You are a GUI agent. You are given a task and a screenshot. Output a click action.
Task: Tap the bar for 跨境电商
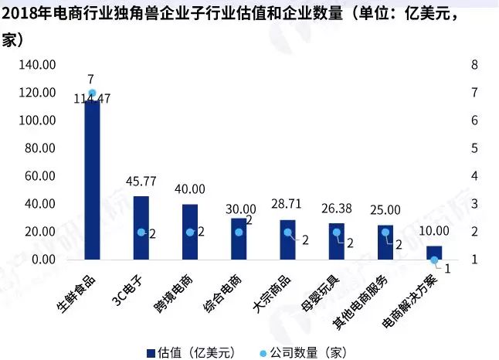coord(190,232)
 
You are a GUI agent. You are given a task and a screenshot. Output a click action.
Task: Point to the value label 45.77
coord(141,182)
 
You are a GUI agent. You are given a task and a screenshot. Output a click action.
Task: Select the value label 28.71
coord(287,205)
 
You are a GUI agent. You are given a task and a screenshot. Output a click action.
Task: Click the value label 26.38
coord(337,209)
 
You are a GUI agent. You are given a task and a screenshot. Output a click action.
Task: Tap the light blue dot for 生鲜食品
coord(92,93)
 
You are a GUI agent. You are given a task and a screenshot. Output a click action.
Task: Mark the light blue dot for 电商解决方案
coord(434,260)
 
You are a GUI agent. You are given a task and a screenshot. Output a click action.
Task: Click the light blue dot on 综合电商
coord(239,232)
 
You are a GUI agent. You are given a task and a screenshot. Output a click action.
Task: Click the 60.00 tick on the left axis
coord(39,176)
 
